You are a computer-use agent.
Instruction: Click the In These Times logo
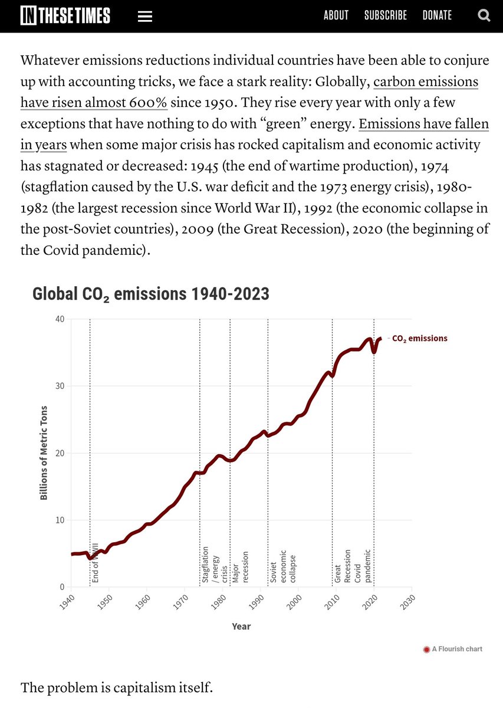click(x=65, y=16)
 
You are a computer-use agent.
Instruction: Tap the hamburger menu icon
click(x=145, y=17)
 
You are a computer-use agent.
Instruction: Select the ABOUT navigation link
click(x=336, y=16)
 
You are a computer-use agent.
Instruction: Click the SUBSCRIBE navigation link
click(x=386, y=16)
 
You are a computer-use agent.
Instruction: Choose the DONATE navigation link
click(x=437, y=16)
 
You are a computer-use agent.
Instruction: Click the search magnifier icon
click(x=484, y=16)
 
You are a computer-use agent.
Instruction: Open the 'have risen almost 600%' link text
click(x=94, y=103)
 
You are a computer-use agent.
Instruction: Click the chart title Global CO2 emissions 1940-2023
click(x=150, y=293)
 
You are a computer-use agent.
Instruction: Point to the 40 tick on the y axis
click(x=60, y=319)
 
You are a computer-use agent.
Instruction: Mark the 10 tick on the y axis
click(x=60, y=520)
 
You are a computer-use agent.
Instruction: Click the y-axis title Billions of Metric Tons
click(x=44, y=453)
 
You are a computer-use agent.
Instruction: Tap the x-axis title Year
click(x=241, y=626)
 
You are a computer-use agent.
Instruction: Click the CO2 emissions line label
click(x=419, y=339)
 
